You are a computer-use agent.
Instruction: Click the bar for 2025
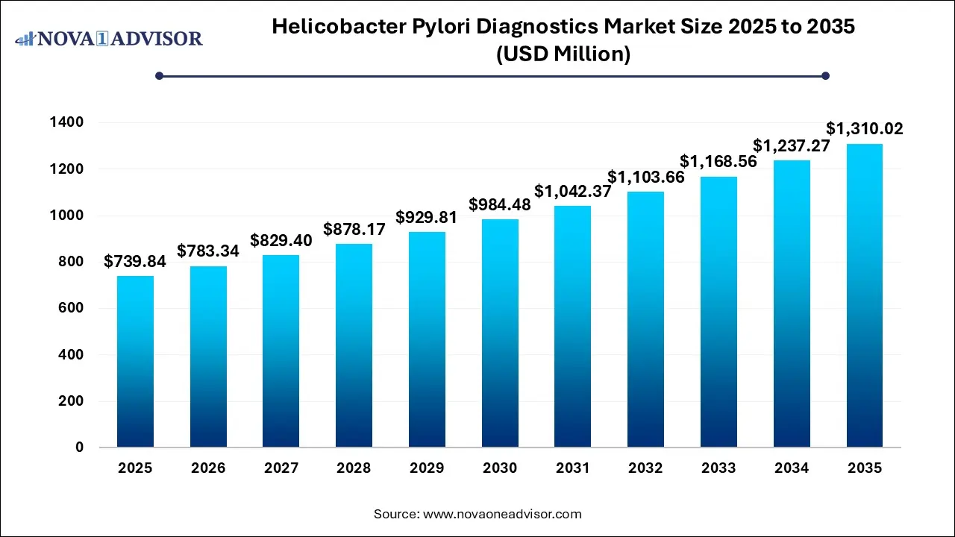(x=135, y=362)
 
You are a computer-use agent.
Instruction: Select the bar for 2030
(x=500, y=333)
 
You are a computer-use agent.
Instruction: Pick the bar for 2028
(x=354, y=345)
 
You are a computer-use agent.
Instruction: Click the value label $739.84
(x=135, y=261)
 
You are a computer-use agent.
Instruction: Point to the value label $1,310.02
(x=865, y=129)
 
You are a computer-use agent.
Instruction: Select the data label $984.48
(x=500, y=204)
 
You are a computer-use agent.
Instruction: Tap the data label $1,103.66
(x=645, y=177)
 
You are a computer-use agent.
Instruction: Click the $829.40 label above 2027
(x=281, y=240)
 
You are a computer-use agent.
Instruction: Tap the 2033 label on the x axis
(x=718, y=468)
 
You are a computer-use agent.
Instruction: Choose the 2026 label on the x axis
(x=208, y=468)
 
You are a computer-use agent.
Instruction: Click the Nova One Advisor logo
(x=110, y=38)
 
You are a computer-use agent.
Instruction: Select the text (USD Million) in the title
(x=563, y=54)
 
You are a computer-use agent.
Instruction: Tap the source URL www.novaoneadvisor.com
(x=502, y=514)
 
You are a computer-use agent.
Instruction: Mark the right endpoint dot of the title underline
(x=825, y=75)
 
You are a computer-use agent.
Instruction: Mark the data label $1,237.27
(x=792, y=145)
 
